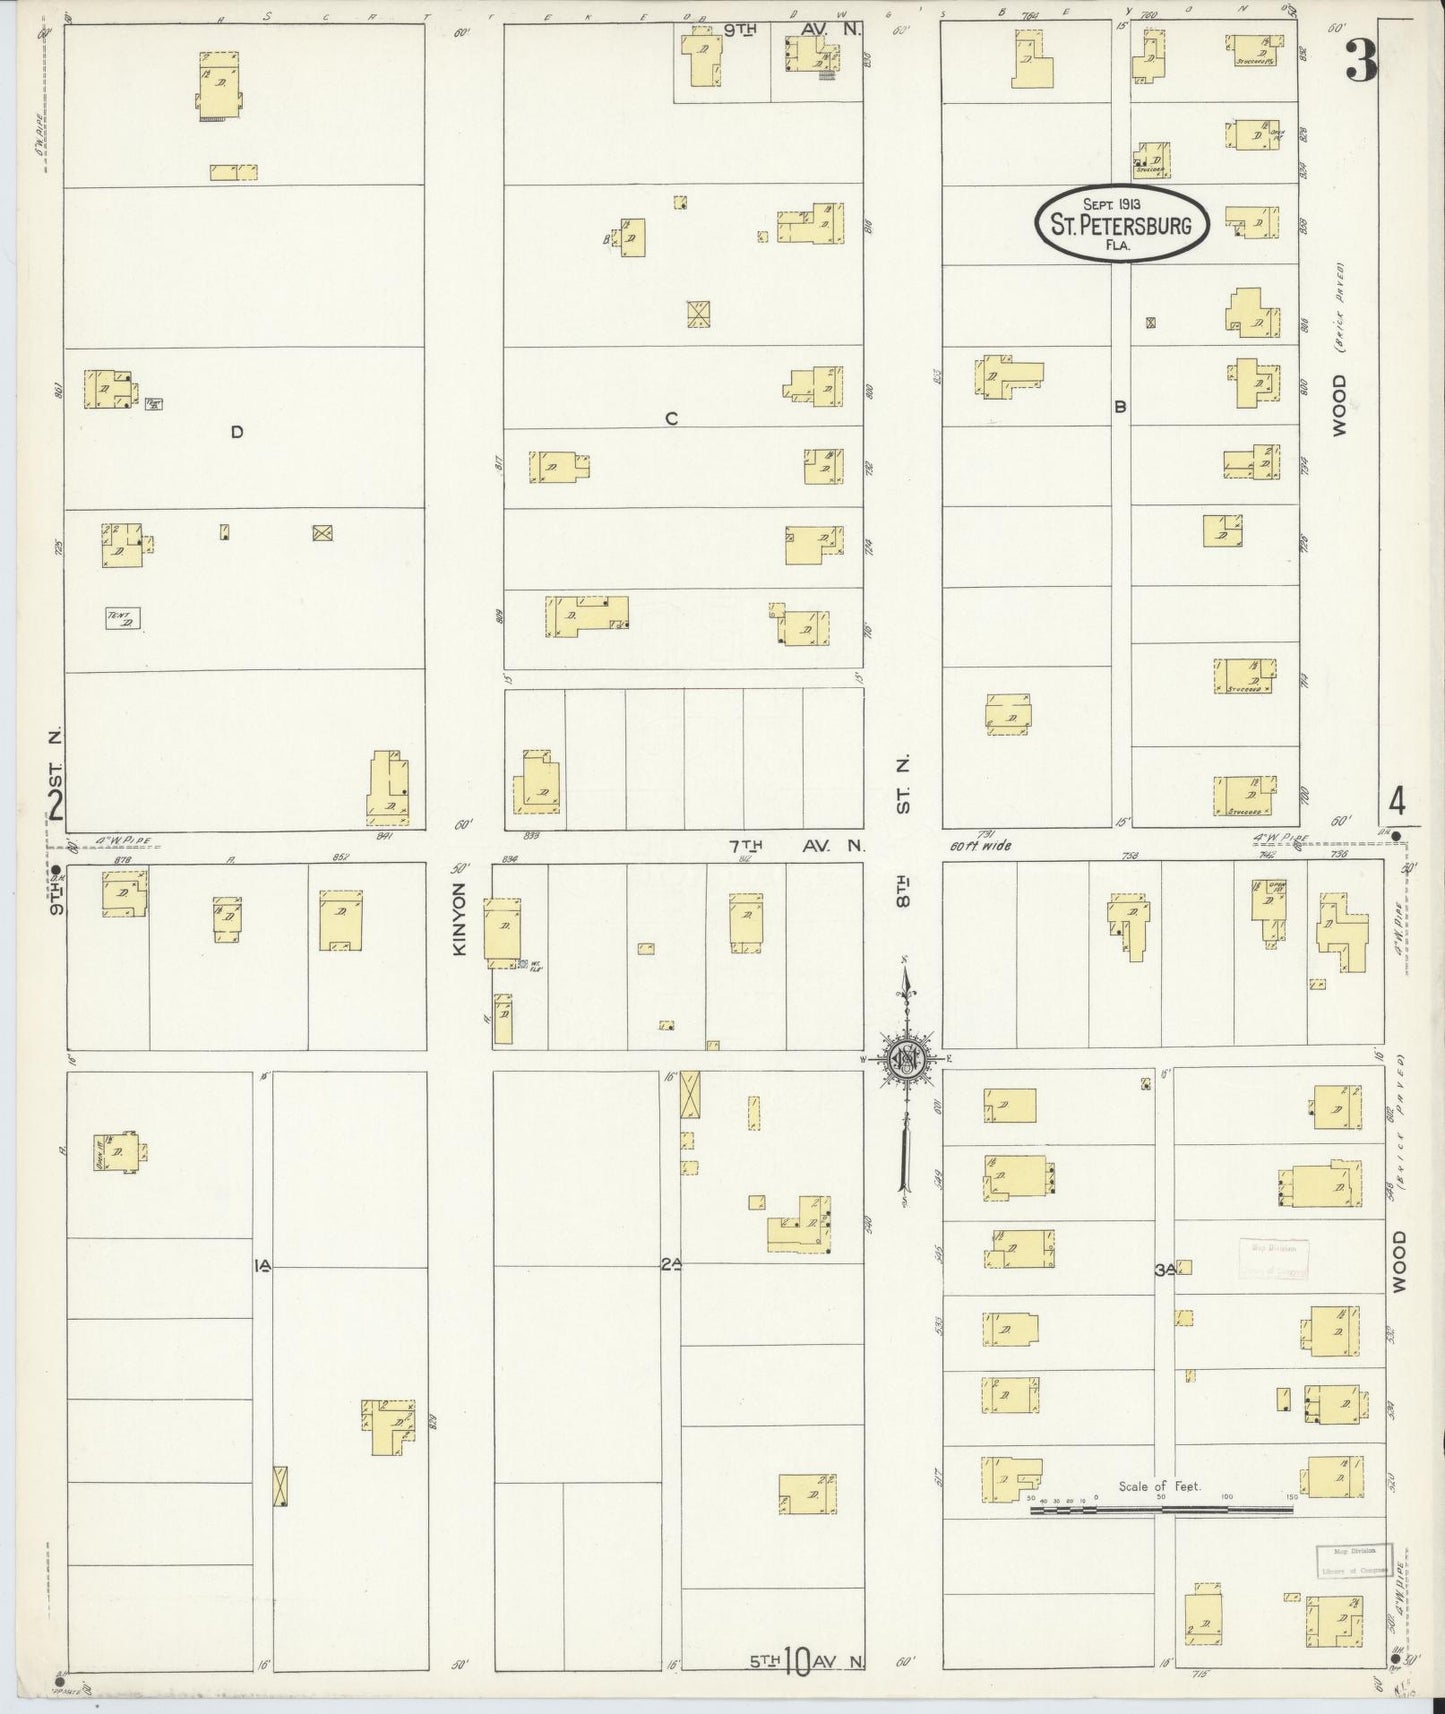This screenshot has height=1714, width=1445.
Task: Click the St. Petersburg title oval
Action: [1121, 224]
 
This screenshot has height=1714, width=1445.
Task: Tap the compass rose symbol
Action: [908, 1059]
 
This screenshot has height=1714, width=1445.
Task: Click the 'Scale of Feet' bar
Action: [1160, 1509]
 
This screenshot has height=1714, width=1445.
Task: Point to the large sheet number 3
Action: [1360, 61]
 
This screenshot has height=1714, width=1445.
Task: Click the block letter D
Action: [237, 432]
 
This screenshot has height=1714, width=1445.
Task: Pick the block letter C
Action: [671, 419]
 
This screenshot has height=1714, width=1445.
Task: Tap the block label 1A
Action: [262, 1266]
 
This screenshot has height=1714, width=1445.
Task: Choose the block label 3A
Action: [1163, 1270]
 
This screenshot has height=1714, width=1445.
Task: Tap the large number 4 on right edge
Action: [1396, 801]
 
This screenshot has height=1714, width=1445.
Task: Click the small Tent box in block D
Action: [123, 619]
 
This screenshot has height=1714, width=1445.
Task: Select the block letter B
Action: [1121, 407]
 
